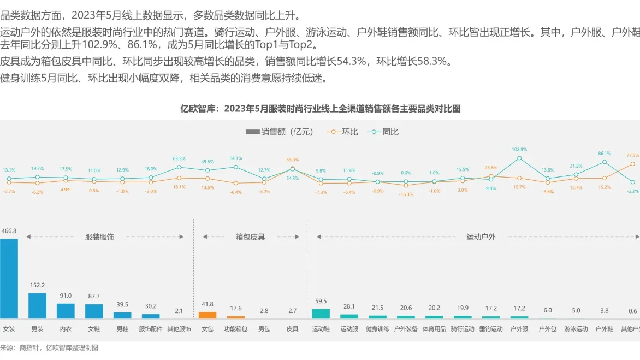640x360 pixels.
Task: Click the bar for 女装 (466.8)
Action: coord(9,279)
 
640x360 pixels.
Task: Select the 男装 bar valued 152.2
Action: coord(37,306)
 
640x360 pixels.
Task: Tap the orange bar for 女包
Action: coord(208,315)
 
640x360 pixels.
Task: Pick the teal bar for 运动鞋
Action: coord(321,314)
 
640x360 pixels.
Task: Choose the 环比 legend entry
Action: coord(342,132)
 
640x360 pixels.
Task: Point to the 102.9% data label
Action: coord(519,149)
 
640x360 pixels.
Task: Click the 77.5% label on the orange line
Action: coord(633,155)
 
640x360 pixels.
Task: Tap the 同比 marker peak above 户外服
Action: coord(519,158)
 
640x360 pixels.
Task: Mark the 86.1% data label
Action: coord(605,154)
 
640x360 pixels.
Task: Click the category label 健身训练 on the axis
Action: coord(377,329)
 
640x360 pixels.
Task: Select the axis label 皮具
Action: coord(292,329)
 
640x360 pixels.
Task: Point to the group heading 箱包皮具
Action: coord(250,237)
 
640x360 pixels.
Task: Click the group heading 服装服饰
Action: coord(99,237)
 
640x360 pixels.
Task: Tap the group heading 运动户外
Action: coord(481,237)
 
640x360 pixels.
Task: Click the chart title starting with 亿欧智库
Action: coord(321,109)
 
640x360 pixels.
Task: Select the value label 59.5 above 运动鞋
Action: coord(321,301)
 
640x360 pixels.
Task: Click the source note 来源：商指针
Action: coord(49,347)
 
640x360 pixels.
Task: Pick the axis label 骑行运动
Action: coord(463,329)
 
